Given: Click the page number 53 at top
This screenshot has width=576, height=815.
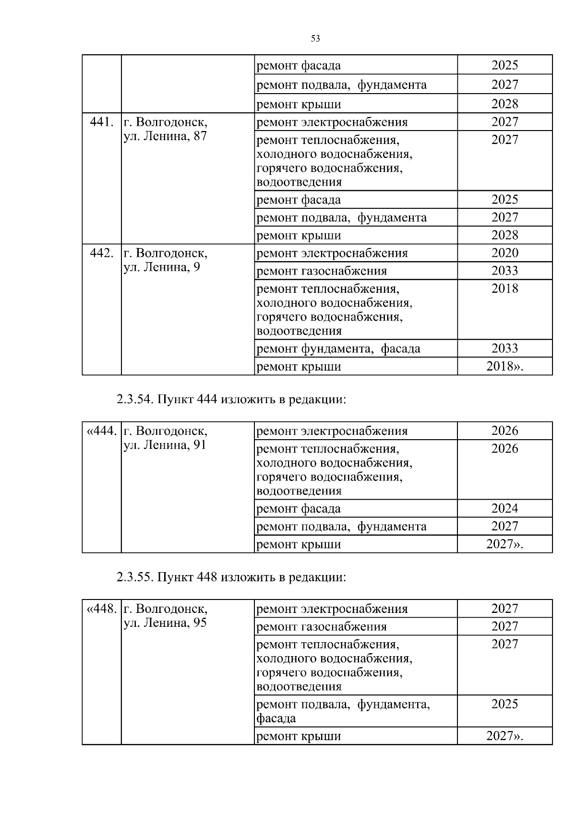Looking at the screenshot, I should pyautogui.click(x=315, y=39).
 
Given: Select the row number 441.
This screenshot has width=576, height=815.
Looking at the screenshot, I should pyautogui.click(x=101, y=122).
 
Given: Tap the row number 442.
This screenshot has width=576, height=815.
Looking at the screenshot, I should pyautogui.click(x=101, y=253).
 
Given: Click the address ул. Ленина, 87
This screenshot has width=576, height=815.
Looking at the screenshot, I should pyautogui.click(x=165, y=136).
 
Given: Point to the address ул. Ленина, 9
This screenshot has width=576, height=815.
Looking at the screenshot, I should pyautogui.click(x=162, y=267).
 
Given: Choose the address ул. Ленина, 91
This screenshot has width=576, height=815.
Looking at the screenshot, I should pyautogui.click(x=165, y=445).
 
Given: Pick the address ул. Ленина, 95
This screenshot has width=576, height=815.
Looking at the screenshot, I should pyautogui.click(x=165, y=623).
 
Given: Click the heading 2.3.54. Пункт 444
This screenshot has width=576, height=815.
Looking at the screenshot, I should pyautogui.click(x=231, y=399).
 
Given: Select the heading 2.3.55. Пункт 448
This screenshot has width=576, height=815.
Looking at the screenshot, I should pyautogui.click(x=231, y=577).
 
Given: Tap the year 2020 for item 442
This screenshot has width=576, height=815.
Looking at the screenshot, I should pyautogui.click(x=504, y=253).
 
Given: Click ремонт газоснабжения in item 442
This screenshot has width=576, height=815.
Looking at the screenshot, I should pyautogui.click(x=322, y=271).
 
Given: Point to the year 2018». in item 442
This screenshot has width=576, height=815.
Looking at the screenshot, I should pyautogui.click(x=504, y=367).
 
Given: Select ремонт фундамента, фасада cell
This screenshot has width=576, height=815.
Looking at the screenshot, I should pyautogui.click(x=338, y=349).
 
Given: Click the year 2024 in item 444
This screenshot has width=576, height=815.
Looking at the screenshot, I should pyautogui.click(x=504, y=508).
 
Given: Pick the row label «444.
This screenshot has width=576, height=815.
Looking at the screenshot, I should pyautogui.click(x=101, y=431).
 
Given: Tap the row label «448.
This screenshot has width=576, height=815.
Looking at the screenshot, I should pyautogui.click(x=101, y=609).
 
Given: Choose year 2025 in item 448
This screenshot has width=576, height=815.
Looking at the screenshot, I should pyautogui.click(x=504, y=704).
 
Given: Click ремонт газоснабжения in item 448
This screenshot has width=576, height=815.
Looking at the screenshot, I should pyautogui.click(x=322, y=627).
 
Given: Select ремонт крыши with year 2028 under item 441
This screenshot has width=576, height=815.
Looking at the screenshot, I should pyautogui.click(x=299, y=236).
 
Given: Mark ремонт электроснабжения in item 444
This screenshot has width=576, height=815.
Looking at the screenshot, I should pyautogui.click(x=332, y=431).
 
